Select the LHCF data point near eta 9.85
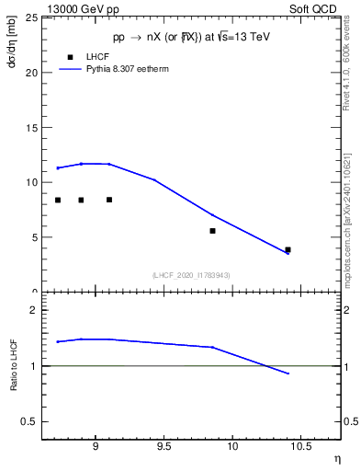pyautogui.click(x=212, y=231)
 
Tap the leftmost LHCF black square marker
pyautogui.click(x=58, y=200)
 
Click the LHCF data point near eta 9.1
pyautogui.click(x=109, y=200)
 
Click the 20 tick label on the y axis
pyautogui.click(x=31, y=73)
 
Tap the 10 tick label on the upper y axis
pyautogui.click(x=31, y=182)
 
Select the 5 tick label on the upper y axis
pyautogui.click(x=34, y=237)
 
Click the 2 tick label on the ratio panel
pyautogui.click(x=34, y=311)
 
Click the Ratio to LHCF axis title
pyautogui.click(x=13, y=364)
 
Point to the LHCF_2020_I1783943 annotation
pyautogui.click(x=191, y=275)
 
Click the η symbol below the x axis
pyautogui.click(x=336, y=457)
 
